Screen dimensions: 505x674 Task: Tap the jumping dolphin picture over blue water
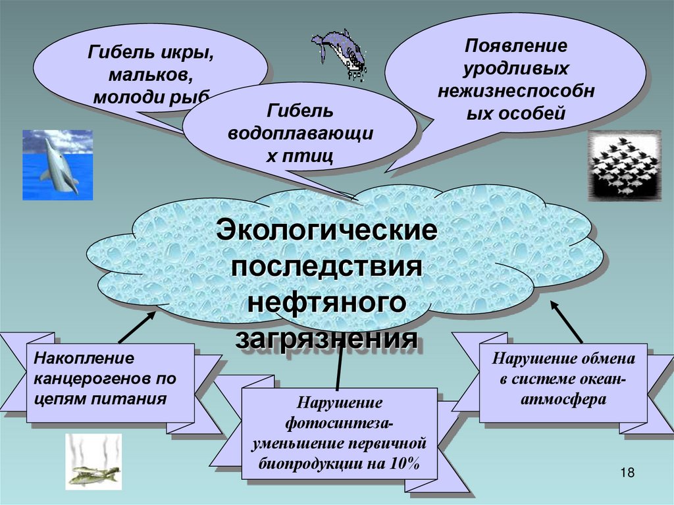pos(58,165)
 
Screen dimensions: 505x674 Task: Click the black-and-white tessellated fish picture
pos(623,165)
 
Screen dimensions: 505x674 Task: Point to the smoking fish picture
pos(93,462)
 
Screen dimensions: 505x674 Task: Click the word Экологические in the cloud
pos(327,232)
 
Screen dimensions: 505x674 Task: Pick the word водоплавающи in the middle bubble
pos(300,134)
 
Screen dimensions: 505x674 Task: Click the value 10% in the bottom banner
pos(403,464)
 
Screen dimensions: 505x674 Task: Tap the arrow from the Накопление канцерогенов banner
pos(137,327)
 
